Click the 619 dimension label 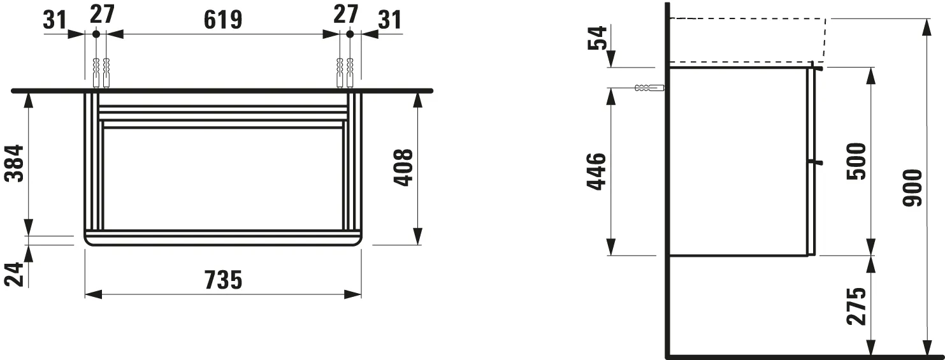[223, 20]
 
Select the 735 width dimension [223, 280]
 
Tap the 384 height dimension [15, 163]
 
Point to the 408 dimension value [403, 167]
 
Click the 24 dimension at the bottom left [15, 275]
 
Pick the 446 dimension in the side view [597, 172]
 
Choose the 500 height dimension [856, 161]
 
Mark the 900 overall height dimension [913, 188]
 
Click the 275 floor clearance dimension [856, 306]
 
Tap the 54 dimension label [597, 38]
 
